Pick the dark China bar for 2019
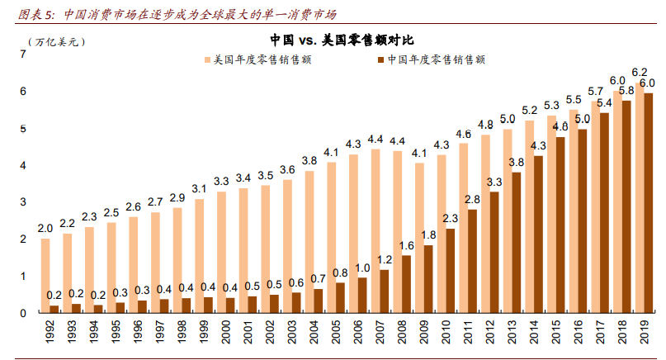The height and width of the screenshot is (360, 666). point(649,203)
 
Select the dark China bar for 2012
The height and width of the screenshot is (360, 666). point(495,253)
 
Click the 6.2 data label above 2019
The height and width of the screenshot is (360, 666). point(639,73)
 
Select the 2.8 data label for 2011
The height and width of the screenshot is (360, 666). point(473,200)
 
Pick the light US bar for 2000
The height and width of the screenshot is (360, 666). point(221,252)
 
